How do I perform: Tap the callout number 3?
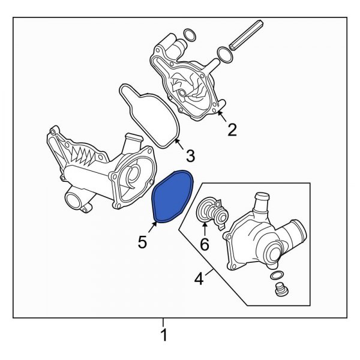click(190, 157)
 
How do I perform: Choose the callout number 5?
click(142, 242)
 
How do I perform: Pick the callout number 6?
click(205, 244)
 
